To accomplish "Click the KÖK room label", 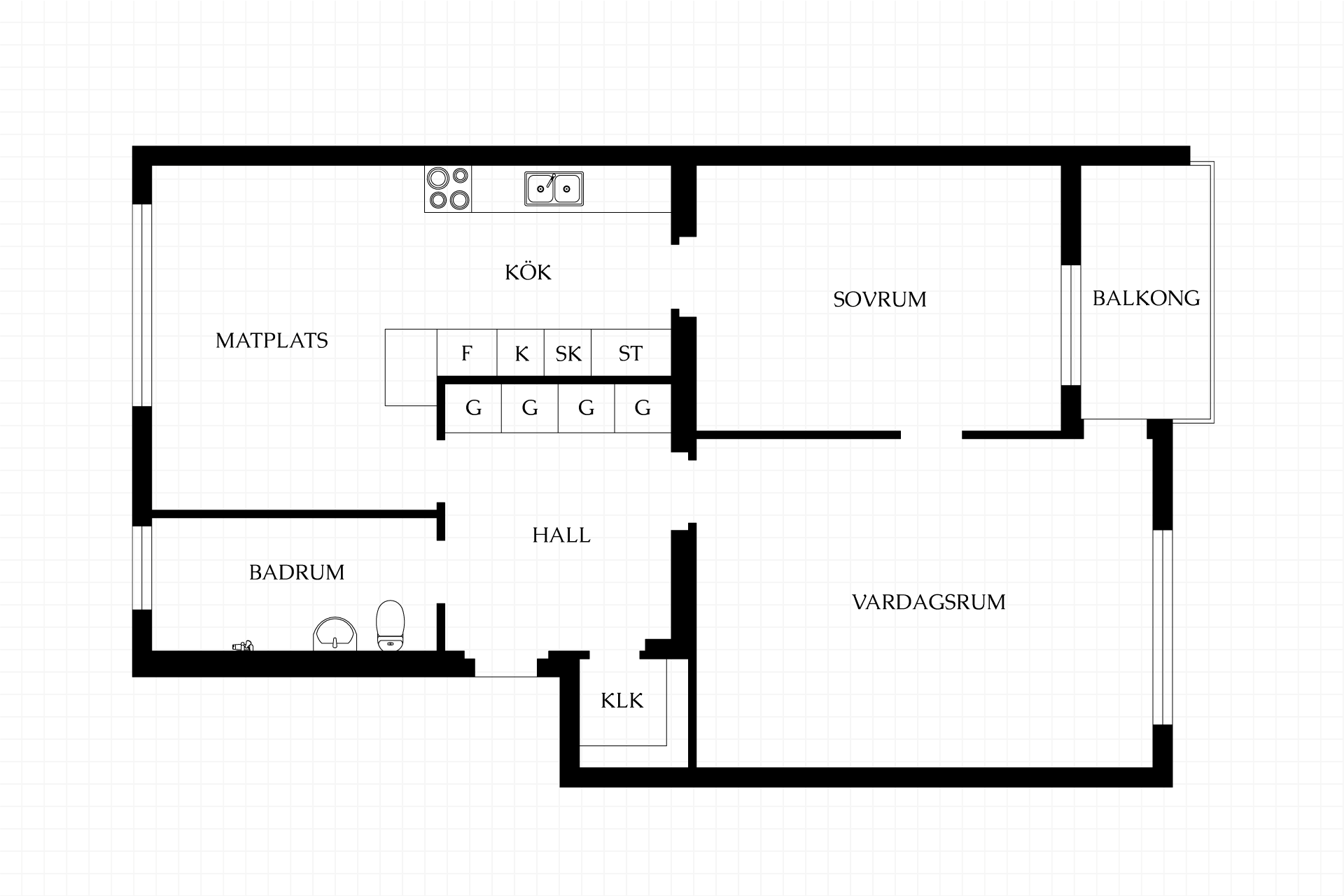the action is click(528, 272).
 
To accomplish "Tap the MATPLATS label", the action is click(272, 340).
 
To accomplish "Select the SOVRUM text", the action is click(879, 300).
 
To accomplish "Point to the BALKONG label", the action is click(1146, 298).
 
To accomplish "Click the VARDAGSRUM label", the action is click(929, 602).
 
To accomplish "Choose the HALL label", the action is click(561, 535).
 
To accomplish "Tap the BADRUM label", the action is click(297, 573).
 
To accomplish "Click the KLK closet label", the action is click(622, 701).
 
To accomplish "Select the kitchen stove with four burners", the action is click(448, 189).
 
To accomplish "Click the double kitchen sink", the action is click(554, 189).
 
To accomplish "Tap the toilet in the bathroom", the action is click(391, 626).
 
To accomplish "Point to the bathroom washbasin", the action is click(335, 633).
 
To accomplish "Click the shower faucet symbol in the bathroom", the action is click(242, 645).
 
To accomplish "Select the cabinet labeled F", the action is click(467, 353).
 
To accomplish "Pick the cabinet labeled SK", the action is click(568, 353).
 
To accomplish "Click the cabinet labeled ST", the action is click(631, 353).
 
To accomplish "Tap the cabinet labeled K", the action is click(521, 353).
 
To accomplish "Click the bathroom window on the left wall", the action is click(142, 568).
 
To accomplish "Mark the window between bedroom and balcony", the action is click(1071, 325).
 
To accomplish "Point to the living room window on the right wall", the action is click(1162, 627).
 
